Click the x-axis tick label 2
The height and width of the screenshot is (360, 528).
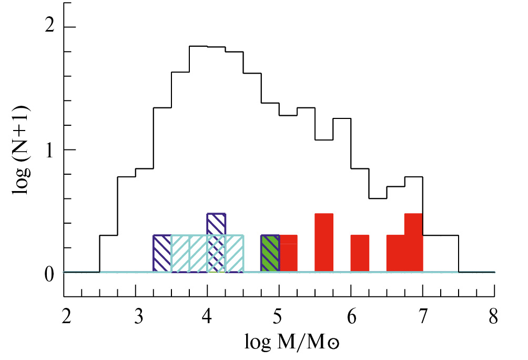[x=64, y=318]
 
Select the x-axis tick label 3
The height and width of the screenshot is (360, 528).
[x=136, y=318]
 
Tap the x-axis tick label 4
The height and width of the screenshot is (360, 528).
[x=208, y=318]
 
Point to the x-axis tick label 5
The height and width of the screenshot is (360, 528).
[x=279, y=318]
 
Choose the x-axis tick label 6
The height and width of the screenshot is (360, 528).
[x=351, y=318]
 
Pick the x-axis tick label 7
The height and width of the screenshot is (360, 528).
[x=423, y=318]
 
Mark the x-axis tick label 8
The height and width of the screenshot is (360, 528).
[x=494, y=318]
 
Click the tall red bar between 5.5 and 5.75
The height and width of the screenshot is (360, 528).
[x=324, y=243]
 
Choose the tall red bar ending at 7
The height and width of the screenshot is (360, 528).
[x=414, y=243]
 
